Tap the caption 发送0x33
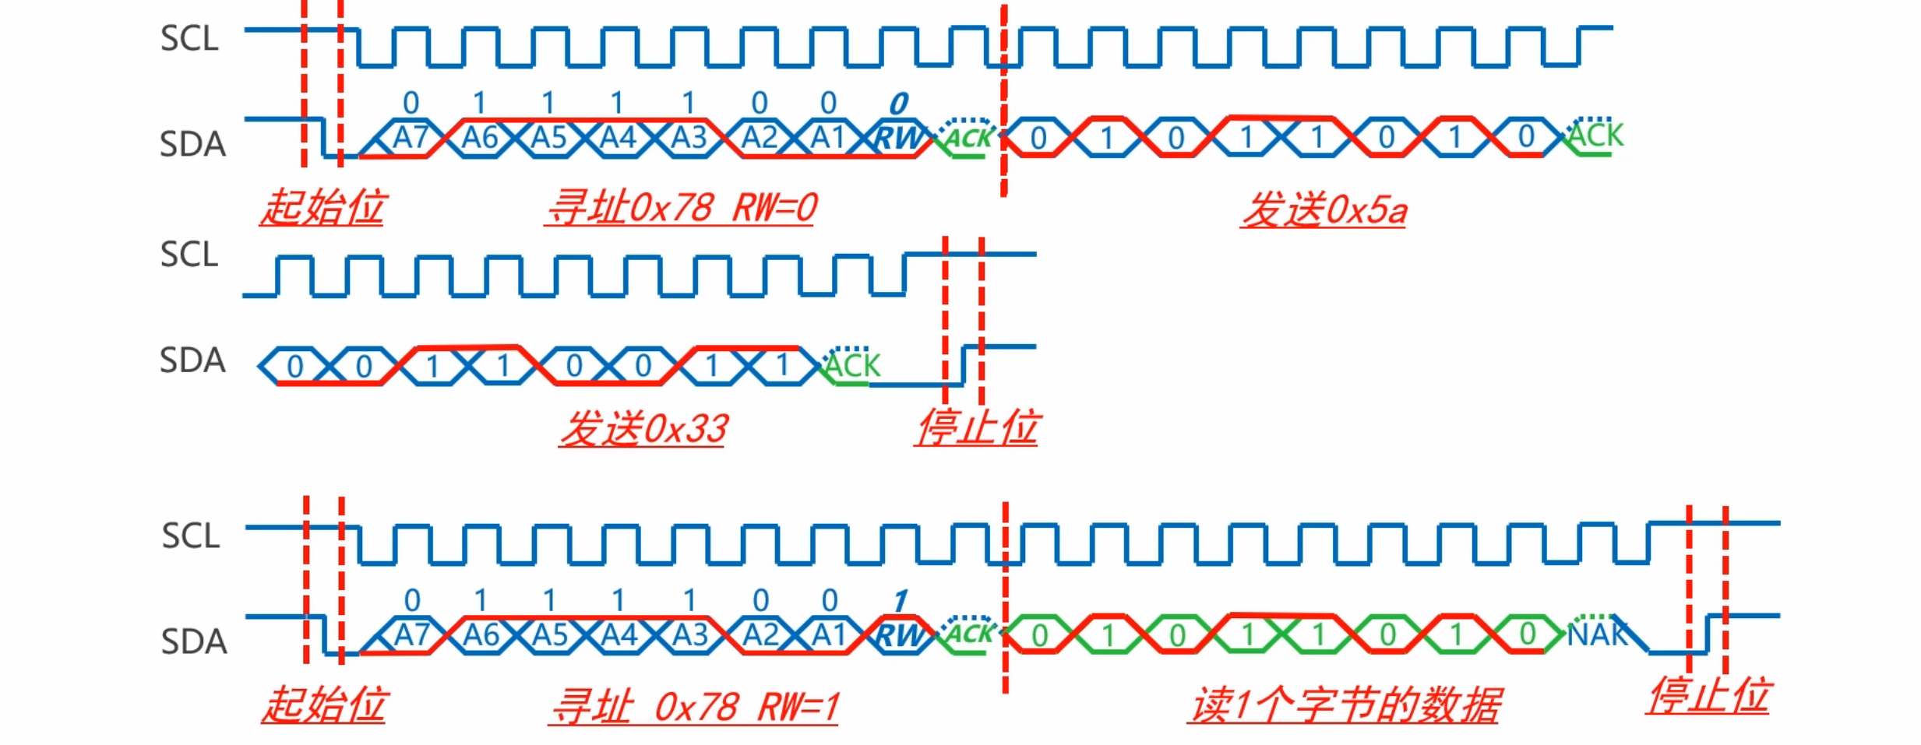pos(643,429)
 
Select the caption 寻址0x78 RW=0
pos(682,208)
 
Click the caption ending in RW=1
pos(693,707)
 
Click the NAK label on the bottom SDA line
pos(1597,635)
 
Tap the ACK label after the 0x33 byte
pos(852,366)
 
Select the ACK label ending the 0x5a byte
pos(1595,136)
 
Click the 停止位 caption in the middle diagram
pos(977,427)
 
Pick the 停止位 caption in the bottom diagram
pos(1708,695)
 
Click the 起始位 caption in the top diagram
pos(323,208)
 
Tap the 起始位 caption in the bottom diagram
pos(323,705)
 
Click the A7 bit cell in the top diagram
pos(411,139)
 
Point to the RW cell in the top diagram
pos(897,139)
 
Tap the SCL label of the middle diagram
pos(189,255)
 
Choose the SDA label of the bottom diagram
pos(194,642)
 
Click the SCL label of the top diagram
pos(189,39)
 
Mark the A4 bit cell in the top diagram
pos(619,139)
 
